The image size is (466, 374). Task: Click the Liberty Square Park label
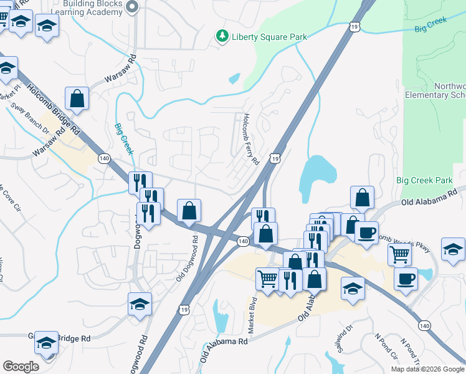point(269,37)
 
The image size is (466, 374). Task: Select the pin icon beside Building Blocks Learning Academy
point(131,7)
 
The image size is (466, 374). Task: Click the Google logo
point(21,366)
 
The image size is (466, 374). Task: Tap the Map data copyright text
point(427,369)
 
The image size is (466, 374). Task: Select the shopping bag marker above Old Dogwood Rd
point(189,211)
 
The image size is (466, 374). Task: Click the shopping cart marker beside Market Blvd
point(267,278)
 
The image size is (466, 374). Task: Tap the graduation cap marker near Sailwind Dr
point(353,289)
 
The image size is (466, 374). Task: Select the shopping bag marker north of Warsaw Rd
point(77,98)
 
